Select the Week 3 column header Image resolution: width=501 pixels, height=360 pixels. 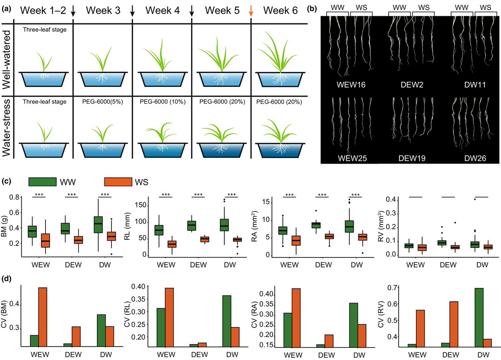coord(103,10)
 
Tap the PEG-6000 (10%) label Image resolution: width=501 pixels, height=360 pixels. coord(162,101)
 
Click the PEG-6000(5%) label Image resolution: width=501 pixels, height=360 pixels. coord(102,101)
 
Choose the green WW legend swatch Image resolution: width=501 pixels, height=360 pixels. coord(42,182)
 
